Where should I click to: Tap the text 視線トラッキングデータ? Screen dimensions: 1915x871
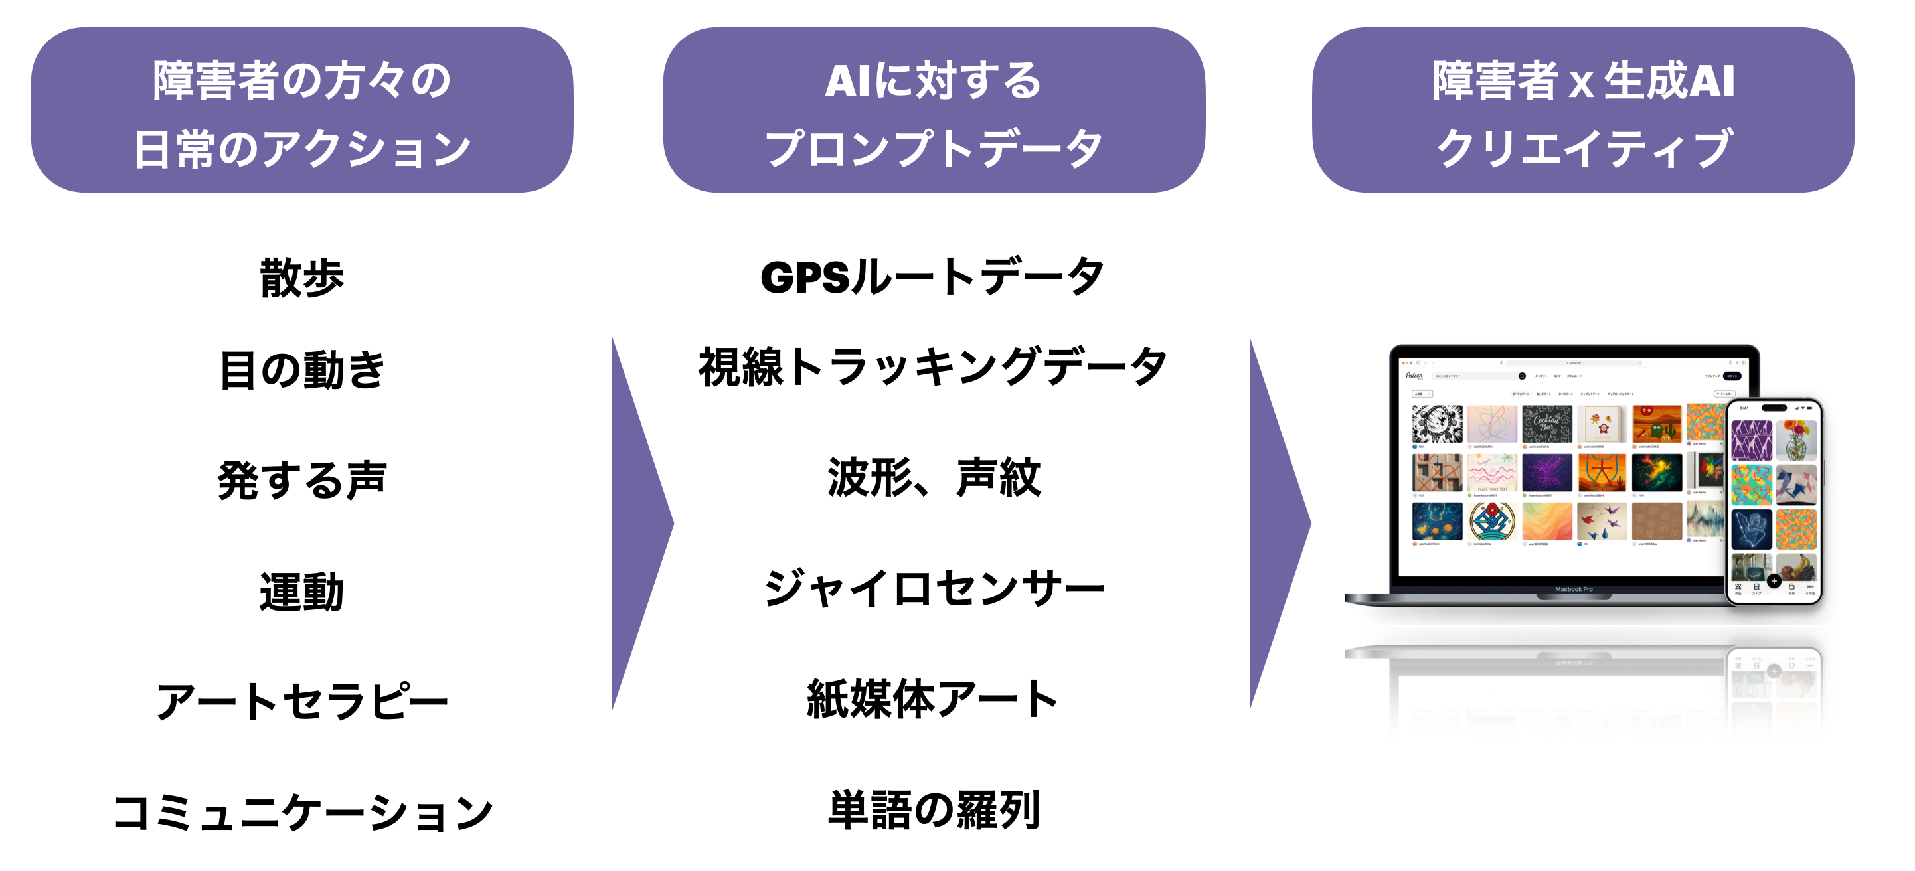[x=932, y=367]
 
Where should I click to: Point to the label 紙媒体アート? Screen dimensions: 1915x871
[x=932, y=699]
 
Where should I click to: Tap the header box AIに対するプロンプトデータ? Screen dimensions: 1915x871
[x=933, y=110]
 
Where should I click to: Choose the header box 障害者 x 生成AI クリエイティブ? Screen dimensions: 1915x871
[x=1583, y=110]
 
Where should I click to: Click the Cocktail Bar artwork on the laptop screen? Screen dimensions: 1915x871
[x=1546, y=424]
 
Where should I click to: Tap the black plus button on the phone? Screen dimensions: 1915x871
[x=1774, y=581]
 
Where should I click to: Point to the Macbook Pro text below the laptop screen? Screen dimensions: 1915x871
[x=1573, y=590]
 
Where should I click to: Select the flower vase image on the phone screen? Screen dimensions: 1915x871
[x=1796, y=440]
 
